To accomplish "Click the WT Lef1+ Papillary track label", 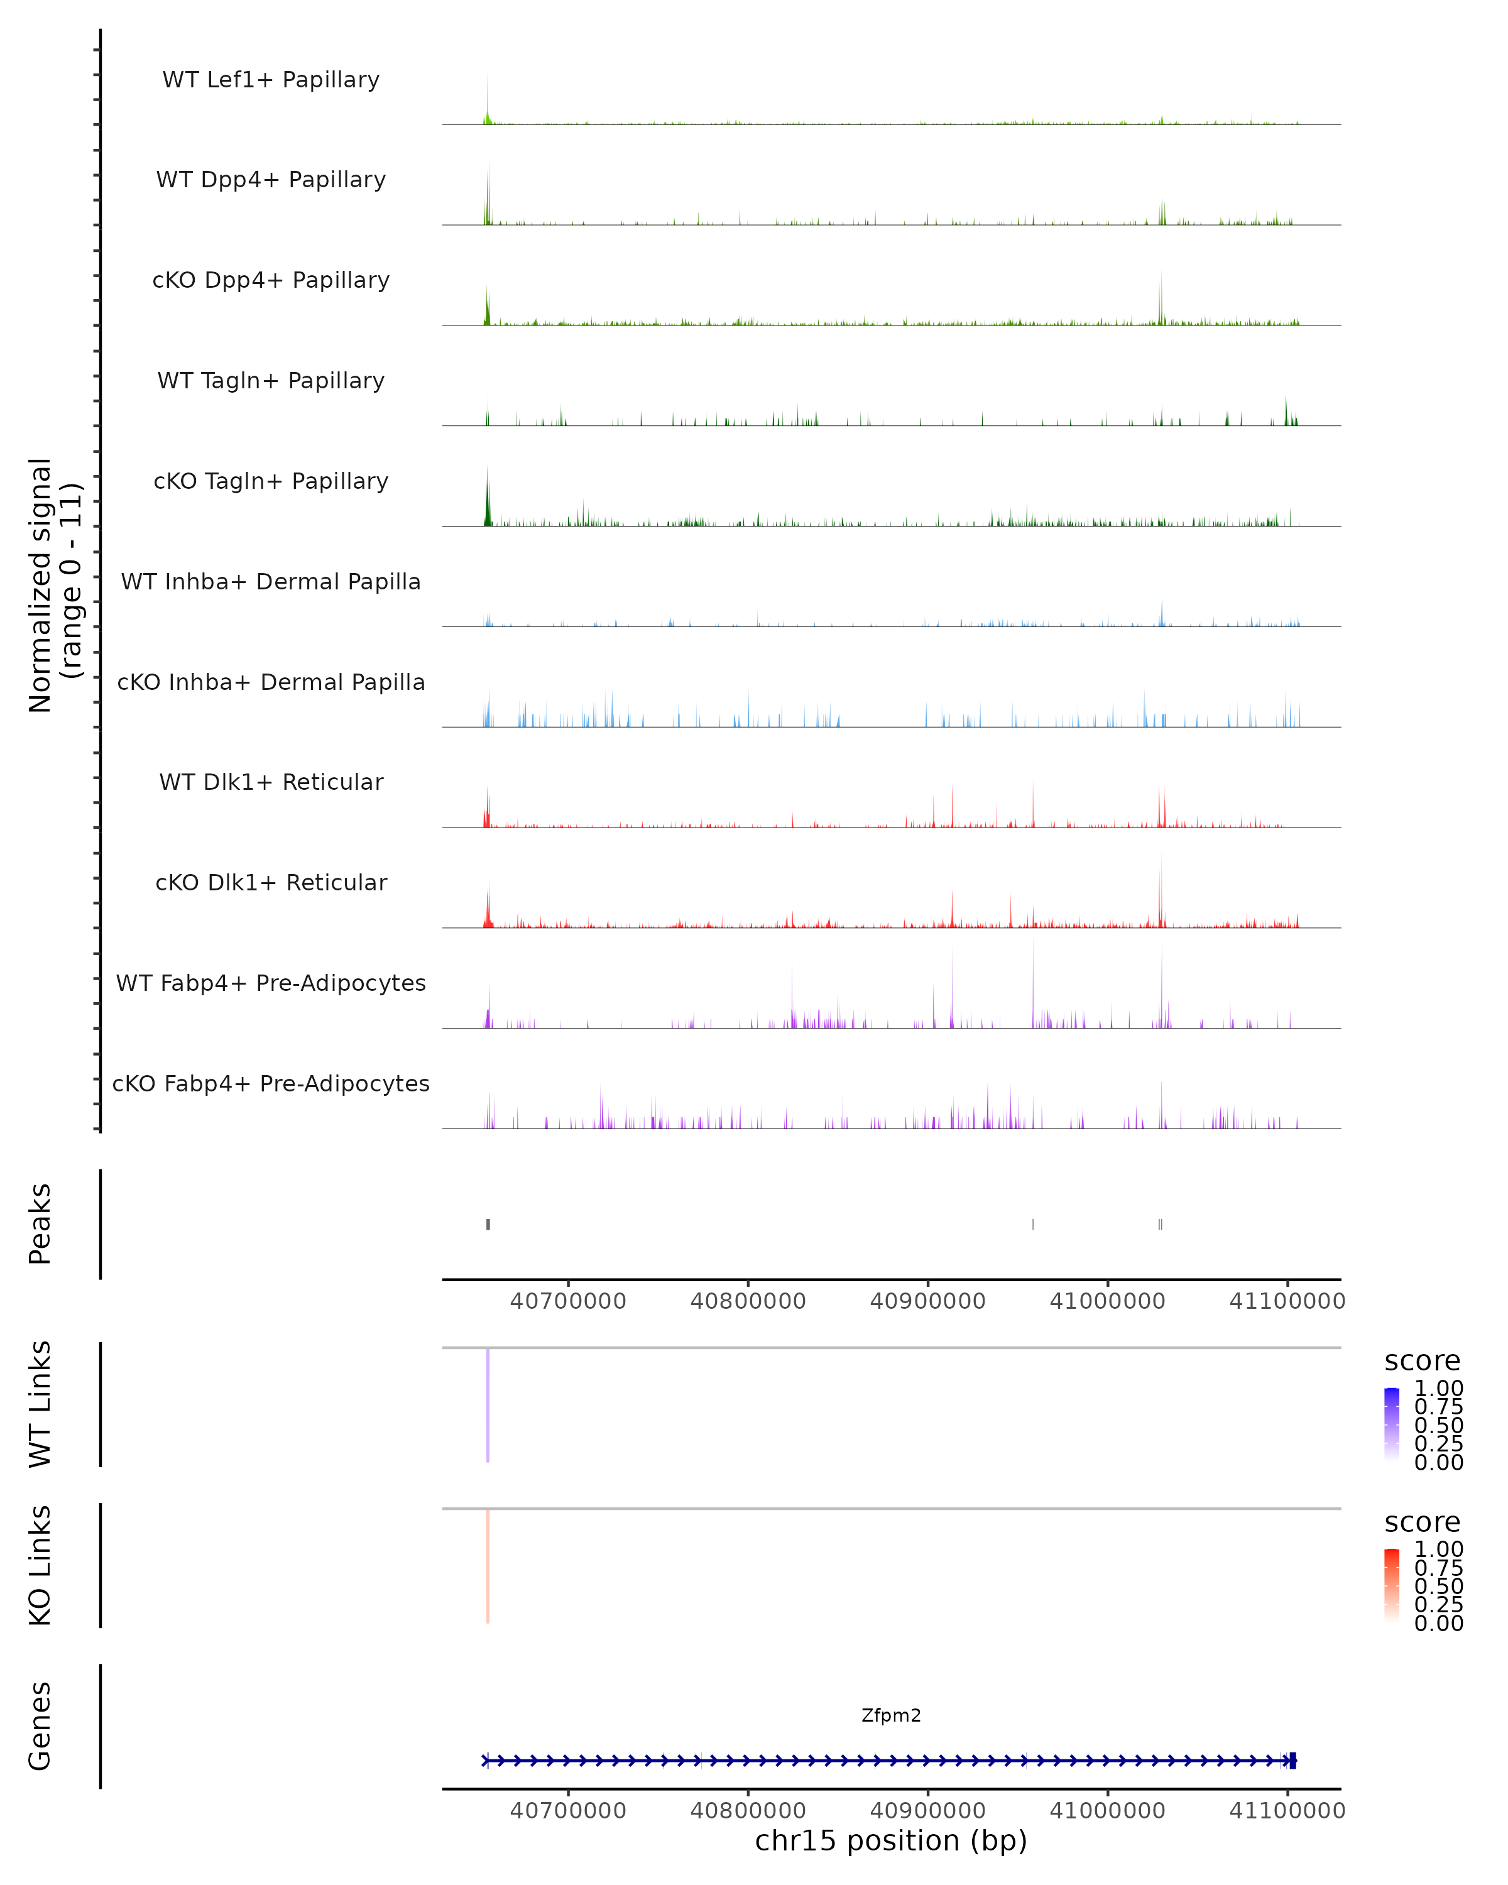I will (271, 80).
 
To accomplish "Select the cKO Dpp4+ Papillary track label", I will (271, 280).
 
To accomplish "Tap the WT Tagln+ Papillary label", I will (271, 380).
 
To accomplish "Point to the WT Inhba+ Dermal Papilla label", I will (271, 581).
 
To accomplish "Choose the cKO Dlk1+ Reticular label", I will (271, 882).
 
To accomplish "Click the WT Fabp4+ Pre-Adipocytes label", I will (271, 983).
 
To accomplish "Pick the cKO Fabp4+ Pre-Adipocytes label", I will (271, 1083).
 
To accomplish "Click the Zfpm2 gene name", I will (891, 1715).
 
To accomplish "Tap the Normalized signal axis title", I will (54, 585).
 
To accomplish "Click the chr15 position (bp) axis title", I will (891, 1840).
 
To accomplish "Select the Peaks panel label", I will (40, 1223).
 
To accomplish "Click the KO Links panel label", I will (40, 1565).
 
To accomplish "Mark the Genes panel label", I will (40, 1726).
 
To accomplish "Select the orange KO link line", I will (488, 1565).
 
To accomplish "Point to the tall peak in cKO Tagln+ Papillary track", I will (488, 498).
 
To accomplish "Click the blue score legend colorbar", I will (1392, 1423).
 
